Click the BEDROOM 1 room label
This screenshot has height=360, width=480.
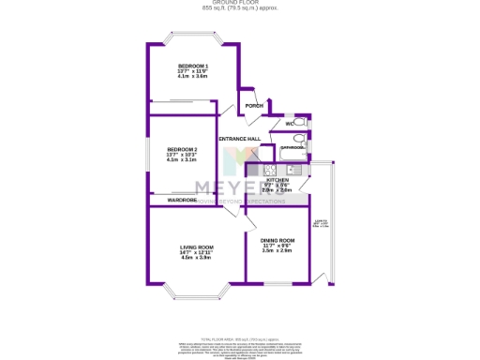click(x=192, y=65)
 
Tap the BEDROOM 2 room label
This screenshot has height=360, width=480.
click(x=182, y=149)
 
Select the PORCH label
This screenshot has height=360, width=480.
click(x=253, y=106)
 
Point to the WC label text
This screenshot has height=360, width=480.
click(x=290, y=124)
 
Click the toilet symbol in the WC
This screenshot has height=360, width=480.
click(x=302, y=123)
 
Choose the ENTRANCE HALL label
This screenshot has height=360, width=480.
click(x=238, y=139)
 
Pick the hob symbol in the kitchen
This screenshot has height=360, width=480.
click(x=268, y=170)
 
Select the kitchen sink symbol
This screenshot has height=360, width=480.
click(x=292, y=170)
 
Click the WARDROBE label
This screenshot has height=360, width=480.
click(x=182, y=200)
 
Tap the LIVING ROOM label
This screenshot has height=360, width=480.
click(x=198, y=247)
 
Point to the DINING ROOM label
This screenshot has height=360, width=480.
click(x=278, y=241)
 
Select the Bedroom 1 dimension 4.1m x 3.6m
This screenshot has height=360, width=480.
click(x=192, y=76)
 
